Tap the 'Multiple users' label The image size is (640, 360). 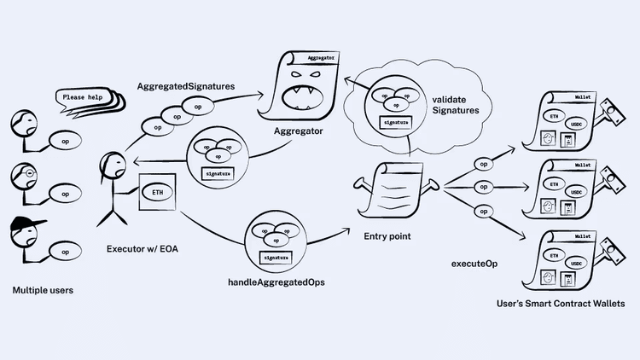[x=43, y=290]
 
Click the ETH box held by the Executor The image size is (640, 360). [x=159, y=194]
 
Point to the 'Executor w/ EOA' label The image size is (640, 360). [x=143, y=249]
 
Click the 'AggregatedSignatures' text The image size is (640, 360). [x=186, y=87]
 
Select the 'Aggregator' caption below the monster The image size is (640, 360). [x=298, y=134]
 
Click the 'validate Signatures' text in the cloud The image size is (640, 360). [x=455, y=104]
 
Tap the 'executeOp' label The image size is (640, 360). [x=474, y=264]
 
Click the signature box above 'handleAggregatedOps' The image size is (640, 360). [x=275, y=257]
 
